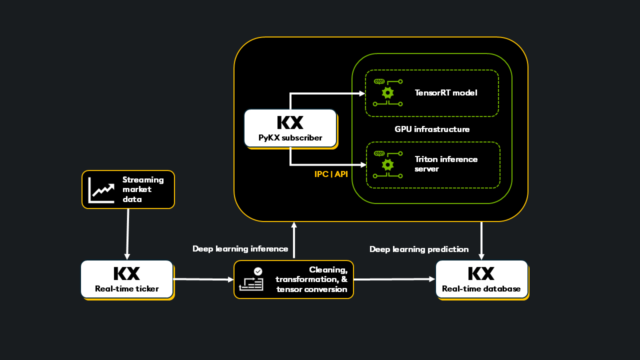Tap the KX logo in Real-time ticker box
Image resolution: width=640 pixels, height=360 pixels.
(126, 273)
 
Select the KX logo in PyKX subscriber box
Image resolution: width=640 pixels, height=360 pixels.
(290, 122)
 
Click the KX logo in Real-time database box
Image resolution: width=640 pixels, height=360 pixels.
(481, 273)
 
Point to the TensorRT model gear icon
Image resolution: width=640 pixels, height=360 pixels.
(387, 92)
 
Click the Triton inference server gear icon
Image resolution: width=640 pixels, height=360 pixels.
(387, 164)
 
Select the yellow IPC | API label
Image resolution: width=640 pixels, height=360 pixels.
(331, 174)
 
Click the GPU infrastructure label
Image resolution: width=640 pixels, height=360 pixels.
(432, 129)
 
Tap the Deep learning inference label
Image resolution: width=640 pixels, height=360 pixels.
(240, 249)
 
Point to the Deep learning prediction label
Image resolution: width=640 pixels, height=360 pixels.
(419, 249)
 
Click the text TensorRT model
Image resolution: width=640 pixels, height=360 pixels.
(446, 92)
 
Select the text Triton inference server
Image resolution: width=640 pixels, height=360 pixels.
(446, 164)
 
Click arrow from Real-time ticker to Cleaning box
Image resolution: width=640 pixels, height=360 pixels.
(203, 279)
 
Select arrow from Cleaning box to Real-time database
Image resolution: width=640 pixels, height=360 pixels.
(394, 279)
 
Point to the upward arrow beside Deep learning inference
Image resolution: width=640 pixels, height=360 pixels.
(294, 240)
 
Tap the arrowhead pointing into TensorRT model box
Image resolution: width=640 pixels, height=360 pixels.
(362, 93)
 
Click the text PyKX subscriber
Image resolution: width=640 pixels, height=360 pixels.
(290, 137)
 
